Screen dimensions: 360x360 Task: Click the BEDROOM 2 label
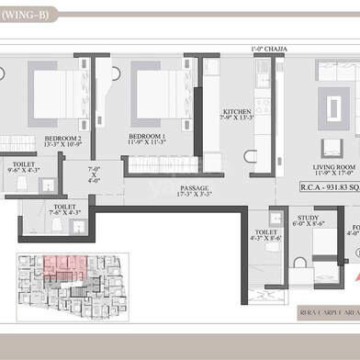[x=63, y=138]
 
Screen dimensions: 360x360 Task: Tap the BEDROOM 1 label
[x=146, y=134]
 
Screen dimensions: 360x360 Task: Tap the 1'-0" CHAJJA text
[x=266, y=50]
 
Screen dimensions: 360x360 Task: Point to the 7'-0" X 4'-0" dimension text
[x=94, y=174]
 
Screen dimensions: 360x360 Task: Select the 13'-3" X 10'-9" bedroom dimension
[x=63, y=145]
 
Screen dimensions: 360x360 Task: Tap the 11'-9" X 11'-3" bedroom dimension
[x=146, y=141]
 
